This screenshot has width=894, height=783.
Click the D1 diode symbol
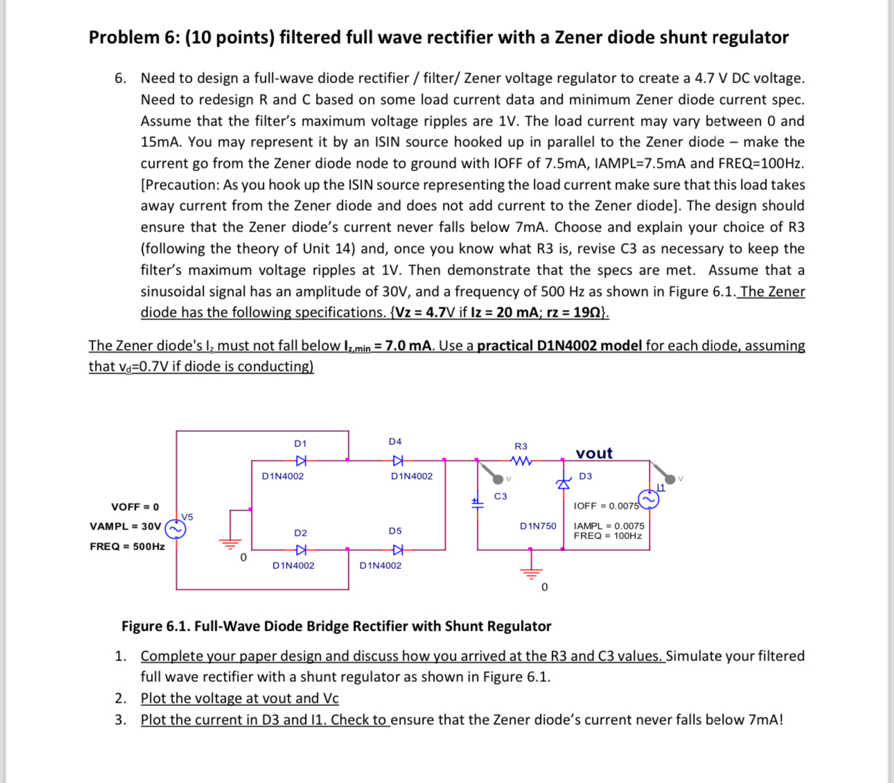point(301,460)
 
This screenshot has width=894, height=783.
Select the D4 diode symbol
point(397,460)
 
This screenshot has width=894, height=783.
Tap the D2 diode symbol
point(301,550)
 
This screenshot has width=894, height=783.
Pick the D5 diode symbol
point(397,550)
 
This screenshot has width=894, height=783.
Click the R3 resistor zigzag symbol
point(521,461)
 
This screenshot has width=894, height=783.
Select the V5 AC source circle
point(175,529)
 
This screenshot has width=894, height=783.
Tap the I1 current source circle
point(649,500)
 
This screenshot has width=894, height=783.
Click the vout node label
point(594,453)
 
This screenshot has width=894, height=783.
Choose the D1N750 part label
point(538,526)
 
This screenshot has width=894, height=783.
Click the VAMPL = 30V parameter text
point(125,526)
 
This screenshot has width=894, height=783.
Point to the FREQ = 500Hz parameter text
point(127,546)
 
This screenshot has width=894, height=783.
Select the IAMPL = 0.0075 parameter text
point(608,526)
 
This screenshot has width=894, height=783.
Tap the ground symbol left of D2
point(231,543)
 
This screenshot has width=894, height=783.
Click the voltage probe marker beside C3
point(498,477)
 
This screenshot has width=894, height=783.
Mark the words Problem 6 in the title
point(124,37)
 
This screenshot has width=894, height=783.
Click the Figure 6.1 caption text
point(336,626)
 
